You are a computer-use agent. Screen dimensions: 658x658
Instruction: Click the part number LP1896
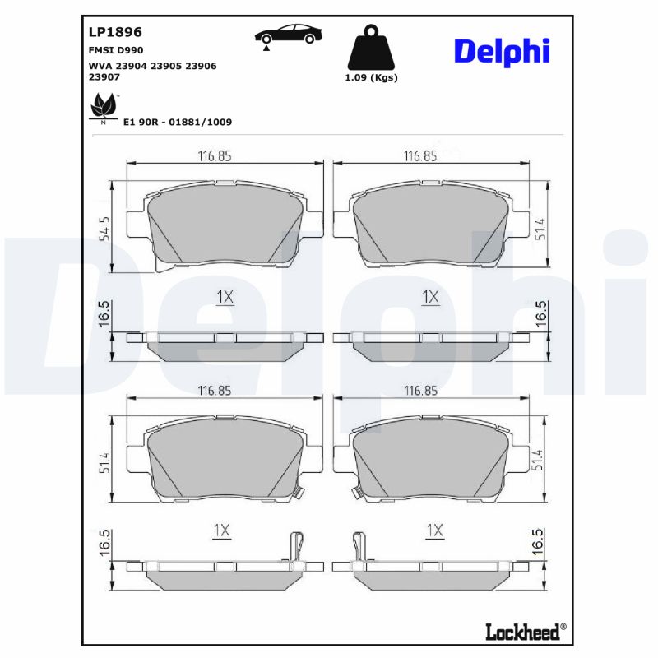coord(115,33)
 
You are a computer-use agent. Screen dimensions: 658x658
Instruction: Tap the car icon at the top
coord(288,35)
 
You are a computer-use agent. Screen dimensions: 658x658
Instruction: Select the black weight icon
coord(371,48)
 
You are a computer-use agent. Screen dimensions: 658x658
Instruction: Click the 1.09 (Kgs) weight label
coord(371,78)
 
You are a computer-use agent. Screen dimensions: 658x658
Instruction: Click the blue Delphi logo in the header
coord(501,52)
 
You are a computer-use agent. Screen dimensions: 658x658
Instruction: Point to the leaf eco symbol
coord(103,107)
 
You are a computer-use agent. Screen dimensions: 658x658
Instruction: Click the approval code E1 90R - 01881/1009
coord(177,122)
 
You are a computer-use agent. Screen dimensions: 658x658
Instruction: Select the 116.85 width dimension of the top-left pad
coord(214,155)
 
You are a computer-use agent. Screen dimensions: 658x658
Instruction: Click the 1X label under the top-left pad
coord(225,297)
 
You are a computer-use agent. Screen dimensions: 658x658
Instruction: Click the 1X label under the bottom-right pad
coord(434,531)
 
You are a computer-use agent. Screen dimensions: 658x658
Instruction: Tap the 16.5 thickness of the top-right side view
coord(540,315)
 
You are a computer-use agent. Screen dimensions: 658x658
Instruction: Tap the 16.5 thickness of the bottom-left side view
coord(104,544)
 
